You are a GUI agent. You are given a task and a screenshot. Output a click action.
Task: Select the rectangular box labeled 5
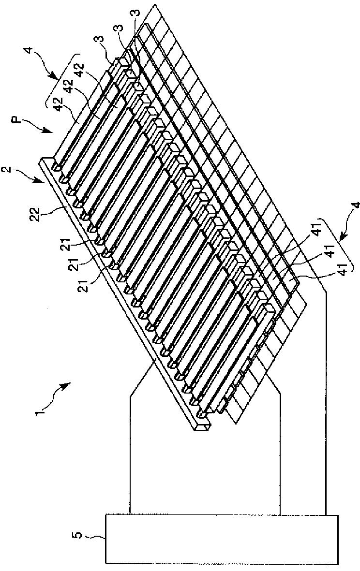[221, 539]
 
